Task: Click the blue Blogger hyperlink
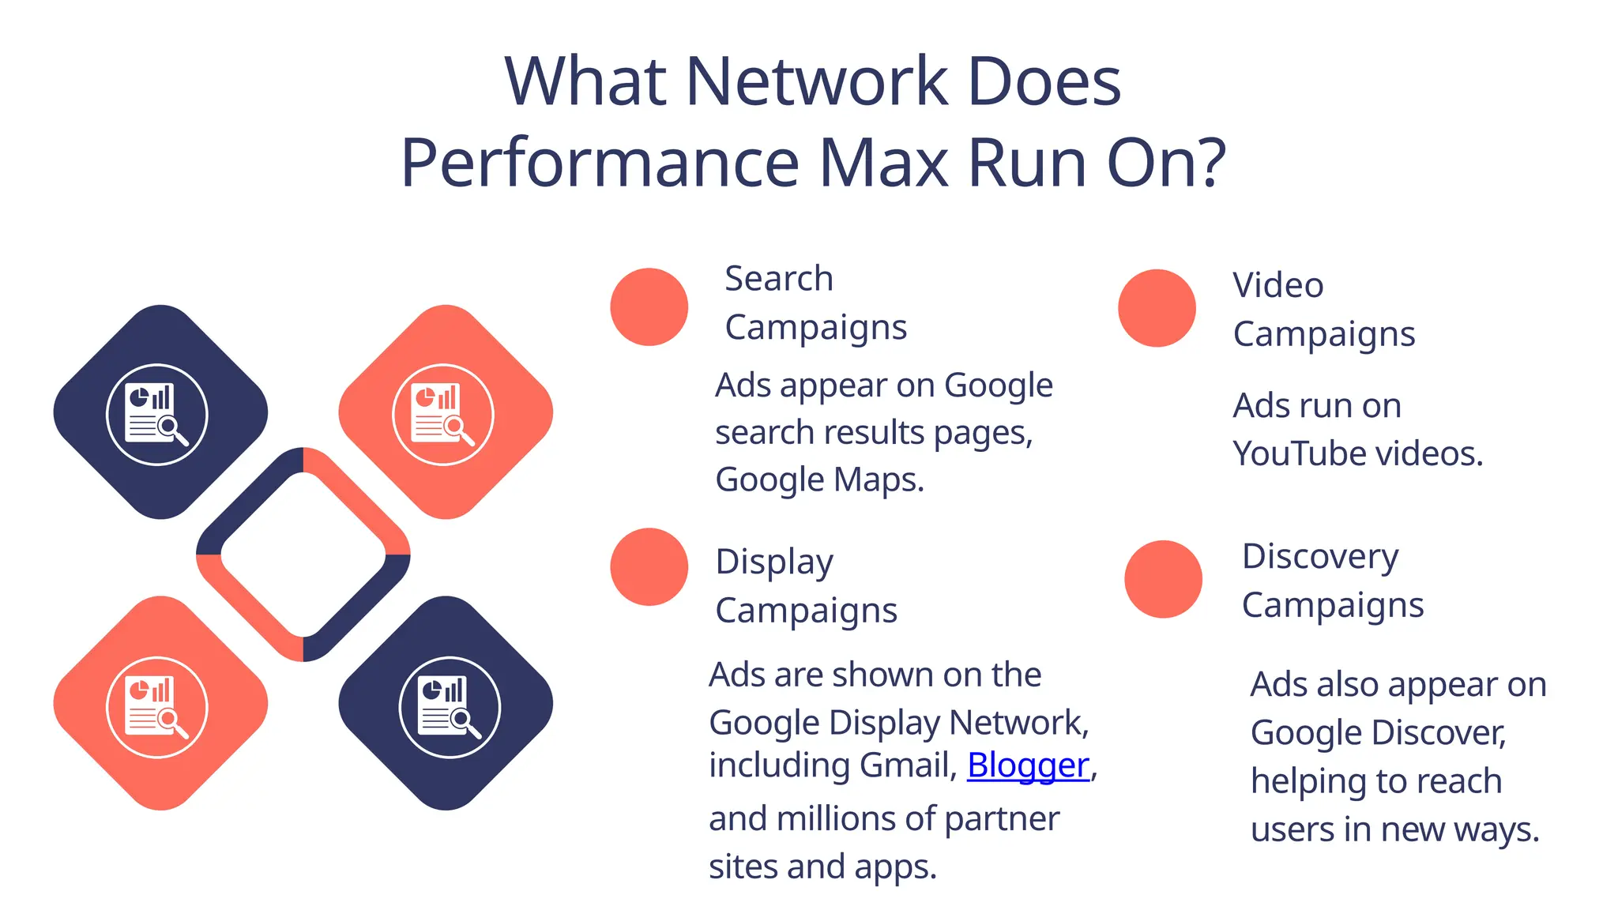point(1028,765)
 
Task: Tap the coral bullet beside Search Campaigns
point(649,307)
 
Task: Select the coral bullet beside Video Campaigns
point(1157,308)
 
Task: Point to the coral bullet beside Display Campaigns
point(649,567)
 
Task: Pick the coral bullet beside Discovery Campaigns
point(1163,579)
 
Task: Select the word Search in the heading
point(779,279)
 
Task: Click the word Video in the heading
point(1277,285)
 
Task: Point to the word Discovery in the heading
point(1320,557)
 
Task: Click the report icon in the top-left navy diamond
point(157,414)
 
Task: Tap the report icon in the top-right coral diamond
point(443,414)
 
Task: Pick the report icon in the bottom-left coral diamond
point(157,707)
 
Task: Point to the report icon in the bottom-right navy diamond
point(450,707)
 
